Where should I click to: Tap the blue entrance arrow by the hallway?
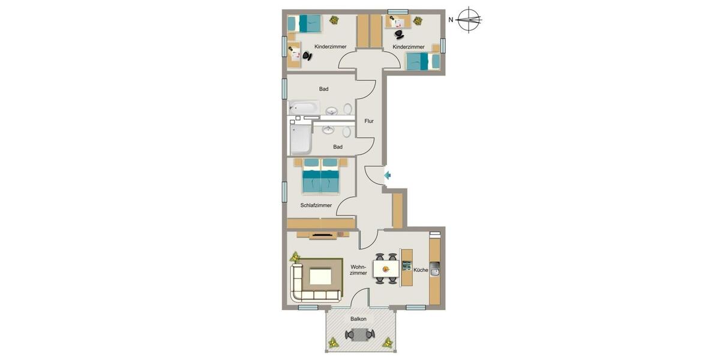(388, 175)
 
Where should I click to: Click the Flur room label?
(369, 121)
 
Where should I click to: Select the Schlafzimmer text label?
(316, 205)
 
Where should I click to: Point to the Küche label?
(421, 270)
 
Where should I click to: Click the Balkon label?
(359, 319)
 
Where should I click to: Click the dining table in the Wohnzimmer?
(384, 268)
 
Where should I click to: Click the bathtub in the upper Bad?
(304, 108)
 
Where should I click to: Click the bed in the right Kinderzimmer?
(423, 61)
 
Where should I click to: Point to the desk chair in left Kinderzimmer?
(307, 56)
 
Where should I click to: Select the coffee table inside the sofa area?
(320, 277)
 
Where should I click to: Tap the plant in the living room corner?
(295, 257)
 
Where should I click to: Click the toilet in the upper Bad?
(347, 109)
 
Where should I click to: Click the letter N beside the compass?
(451, 20)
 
